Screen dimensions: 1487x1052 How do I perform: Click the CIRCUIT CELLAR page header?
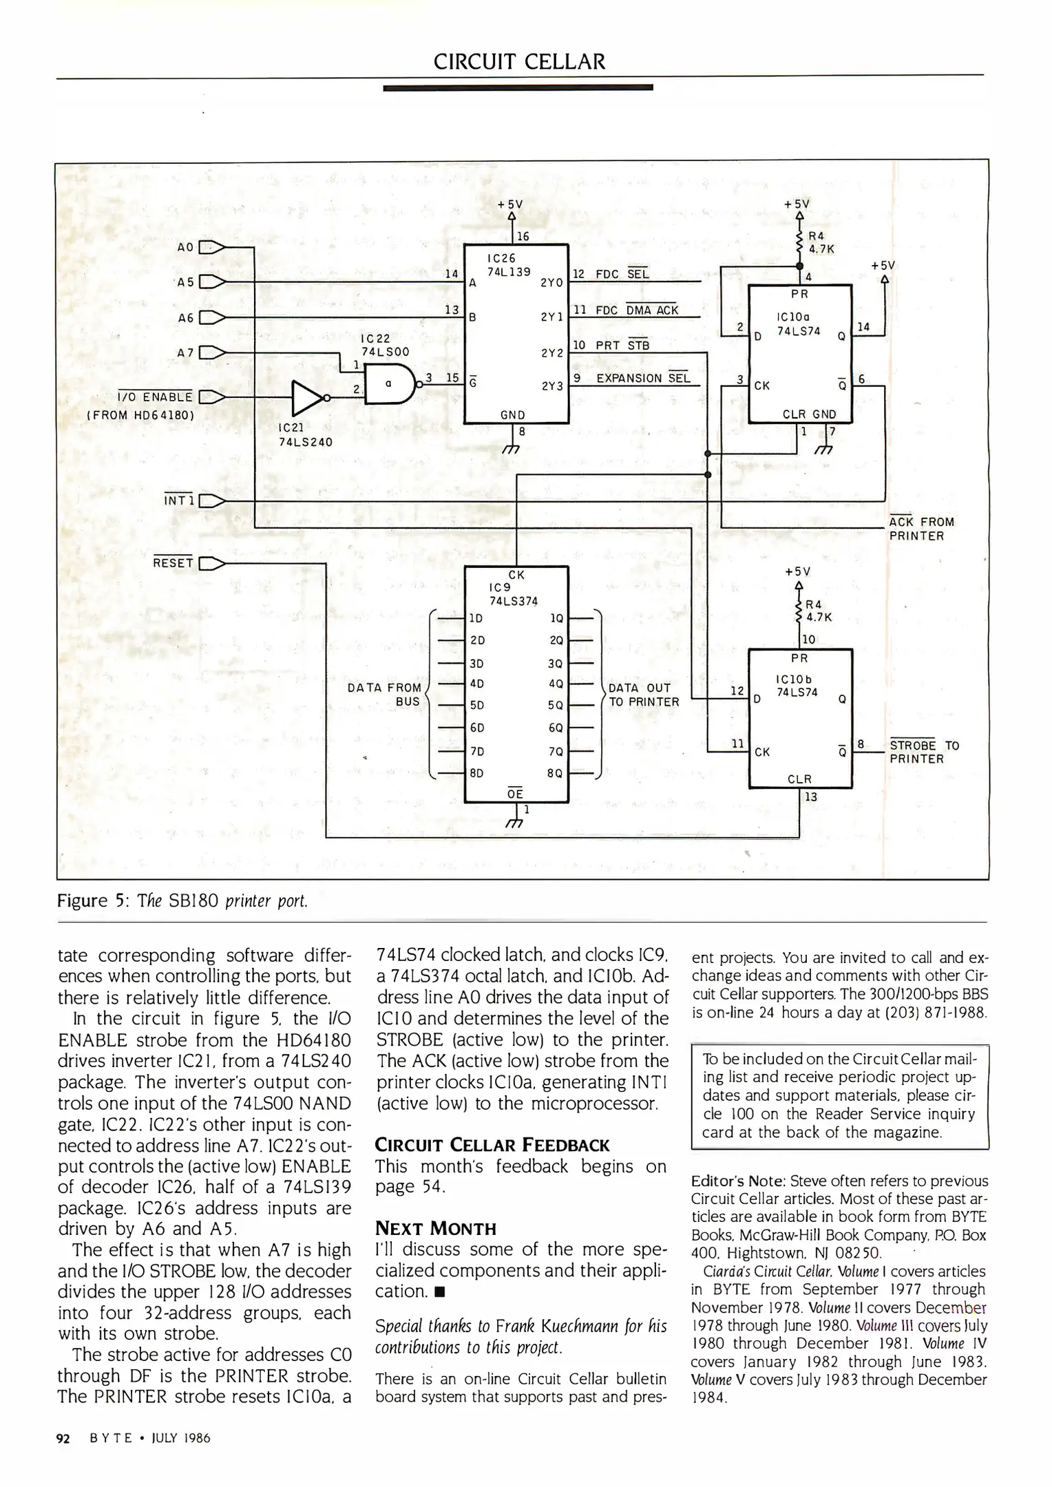[519, 62]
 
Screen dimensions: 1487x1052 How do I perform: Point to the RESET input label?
[173, 562]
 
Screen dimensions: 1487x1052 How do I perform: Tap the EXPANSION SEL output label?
[642, 379]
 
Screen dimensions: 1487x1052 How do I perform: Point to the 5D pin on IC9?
[476, 705]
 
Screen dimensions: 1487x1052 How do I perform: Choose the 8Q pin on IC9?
[556, 772]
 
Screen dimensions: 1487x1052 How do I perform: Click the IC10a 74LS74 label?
[798, 324]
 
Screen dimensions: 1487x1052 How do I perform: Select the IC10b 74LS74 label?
[797, 686]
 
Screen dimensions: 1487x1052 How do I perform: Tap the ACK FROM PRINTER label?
[921, 529]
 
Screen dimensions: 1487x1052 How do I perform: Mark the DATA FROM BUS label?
[385, 694]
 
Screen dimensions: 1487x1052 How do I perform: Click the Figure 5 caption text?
[182, 901]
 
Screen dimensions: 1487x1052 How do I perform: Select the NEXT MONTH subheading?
[435, 1228]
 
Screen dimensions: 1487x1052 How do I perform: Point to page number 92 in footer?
[63, 1438]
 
